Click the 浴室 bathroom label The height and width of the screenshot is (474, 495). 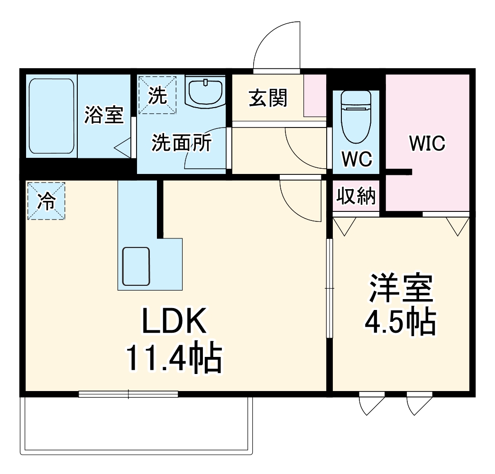pos(104,115)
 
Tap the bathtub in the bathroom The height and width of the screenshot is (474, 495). pos(52,116)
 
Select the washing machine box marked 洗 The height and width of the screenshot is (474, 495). pos(157,95)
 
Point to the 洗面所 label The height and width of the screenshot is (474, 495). pos(182,143)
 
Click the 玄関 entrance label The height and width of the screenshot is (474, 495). pos(268,98)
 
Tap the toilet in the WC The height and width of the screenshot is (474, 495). pos(356,117)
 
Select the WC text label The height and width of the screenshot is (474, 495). pos(357,159)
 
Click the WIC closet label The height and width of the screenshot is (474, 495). pos(427,143)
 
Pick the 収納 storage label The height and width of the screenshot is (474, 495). pos(356,196)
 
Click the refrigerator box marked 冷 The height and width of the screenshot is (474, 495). pos(46,201)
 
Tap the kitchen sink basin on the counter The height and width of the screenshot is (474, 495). pos(136,266)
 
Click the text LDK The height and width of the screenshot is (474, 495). pos(174,320)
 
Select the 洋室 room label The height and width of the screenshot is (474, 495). pos(401,288)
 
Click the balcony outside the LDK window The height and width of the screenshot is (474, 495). pos(137,426)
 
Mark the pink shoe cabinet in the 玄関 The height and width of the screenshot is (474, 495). pos(315,96)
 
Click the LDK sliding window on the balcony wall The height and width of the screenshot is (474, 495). pos(128,394)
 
